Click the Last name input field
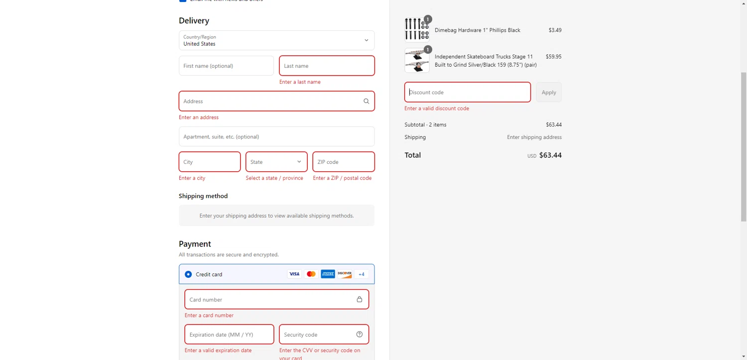(x=327, y=66)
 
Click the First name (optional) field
(x=226, y=66)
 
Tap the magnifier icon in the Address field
(x=366, y=101)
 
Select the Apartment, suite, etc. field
(x=276, y=136)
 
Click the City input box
(x=210, y=162)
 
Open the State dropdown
(x=276, y=162)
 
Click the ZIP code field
(x=343, y=162)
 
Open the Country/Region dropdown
(x=276, y=40)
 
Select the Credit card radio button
(x=188, y=274)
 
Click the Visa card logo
(x=294, y=274)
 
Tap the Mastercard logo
(x=311, y=274)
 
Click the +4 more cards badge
(x=362, y=274)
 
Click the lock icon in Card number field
(x=359, y=299)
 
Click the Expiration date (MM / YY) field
(x=229, y=335)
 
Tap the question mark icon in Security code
(x=360, y=334)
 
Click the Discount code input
(x=467, y=92)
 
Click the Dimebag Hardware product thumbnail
(x=417, y=29)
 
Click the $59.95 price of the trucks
(x=553, y=57)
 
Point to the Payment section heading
(x=195, y=244)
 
